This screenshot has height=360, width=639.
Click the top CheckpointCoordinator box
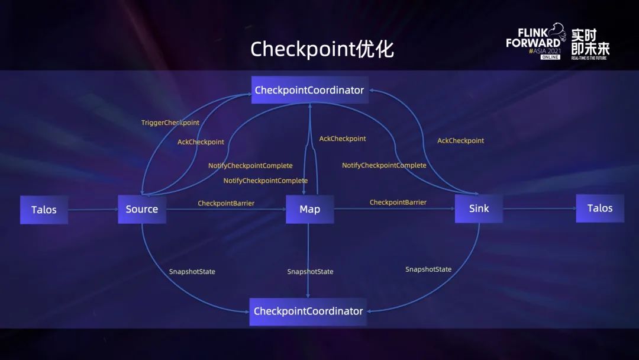point(309,90)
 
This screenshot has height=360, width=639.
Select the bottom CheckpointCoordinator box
point(308,311)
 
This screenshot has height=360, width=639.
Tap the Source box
point(142,209)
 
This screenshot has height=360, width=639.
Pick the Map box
point(309,210)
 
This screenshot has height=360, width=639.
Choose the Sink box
point(479,208)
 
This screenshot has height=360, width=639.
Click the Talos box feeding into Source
point(44,210)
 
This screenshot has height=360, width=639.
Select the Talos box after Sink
point(600,208)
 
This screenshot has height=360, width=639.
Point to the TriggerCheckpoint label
point(170,123)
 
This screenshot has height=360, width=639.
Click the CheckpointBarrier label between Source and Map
point(226,203)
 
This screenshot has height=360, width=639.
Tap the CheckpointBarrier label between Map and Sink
point(398,202)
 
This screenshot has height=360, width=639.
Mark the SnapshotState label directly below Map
point(310,272)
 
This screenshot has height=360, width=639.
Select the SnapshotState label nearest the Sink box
point(428,269)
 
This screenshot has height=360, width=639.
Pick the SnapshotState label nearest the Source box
point(192,272)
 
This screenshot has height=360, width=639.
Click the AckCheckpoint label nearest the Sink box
point(460,140)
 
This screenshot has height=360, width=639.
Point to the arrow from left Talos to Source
point(93,210)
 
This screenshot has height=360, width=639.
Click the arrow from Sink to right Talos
point(539,208)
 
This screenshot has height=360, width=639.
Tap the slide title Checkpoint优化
point(322,49)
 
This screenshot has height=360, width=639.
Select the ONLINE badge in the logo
point(550,57)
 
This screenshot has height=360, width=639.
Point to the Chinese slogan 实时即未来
point(590,41)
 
